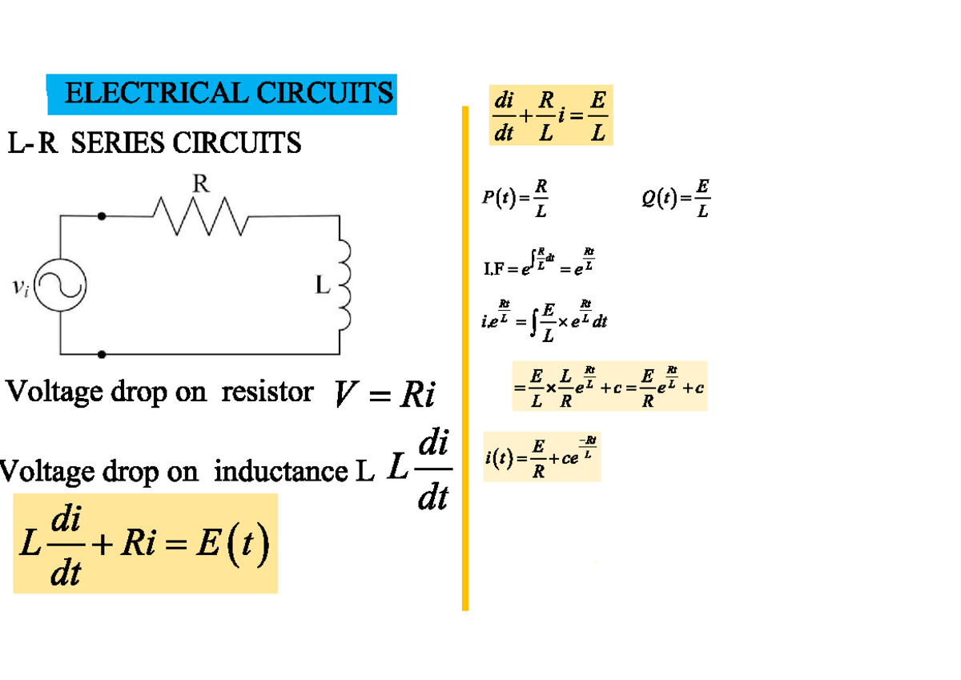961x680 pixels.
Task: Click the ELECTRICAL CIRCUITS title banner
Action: click(222, 95)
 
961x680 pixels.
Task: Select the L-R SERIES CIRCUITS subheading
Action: click(155, 144)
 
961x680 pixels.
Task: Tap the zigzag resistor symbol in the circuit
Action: click(200, 216)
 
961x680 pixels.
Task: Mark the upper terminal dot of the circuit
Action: click(101, 216)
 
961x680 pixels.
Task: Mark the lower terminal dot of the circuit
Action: click(101, 353)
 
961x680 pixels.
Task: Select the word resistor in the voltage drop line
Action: click(267, 392)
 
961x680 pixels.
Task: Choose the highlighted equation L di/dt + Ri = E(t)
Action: click(145, 544)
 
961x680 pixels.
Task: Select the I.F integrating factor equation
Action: click(539, 264)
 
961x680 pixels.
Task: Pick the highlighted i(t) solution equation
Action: click(541, 457)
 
